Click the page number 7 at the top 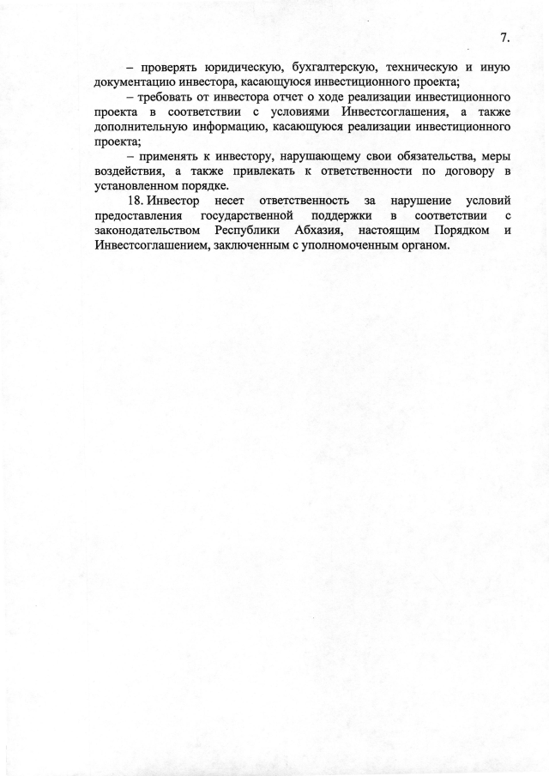504,37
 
